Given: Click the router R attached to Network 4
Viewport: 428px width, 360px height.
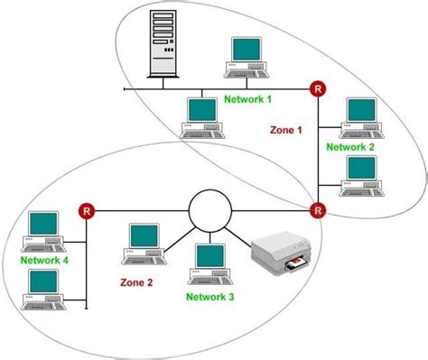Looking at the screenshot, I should (x=87, y=211).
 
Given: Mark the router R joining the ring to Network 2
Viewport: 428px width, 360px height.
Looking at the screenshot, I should (x=318, y=211).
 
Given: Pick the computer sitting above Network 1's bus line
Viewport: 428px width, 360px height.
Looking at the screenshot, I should (x=247, y=56).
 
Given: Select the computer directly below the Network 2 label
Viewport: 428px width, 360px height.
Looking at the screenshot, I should (x=360, y=174).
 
